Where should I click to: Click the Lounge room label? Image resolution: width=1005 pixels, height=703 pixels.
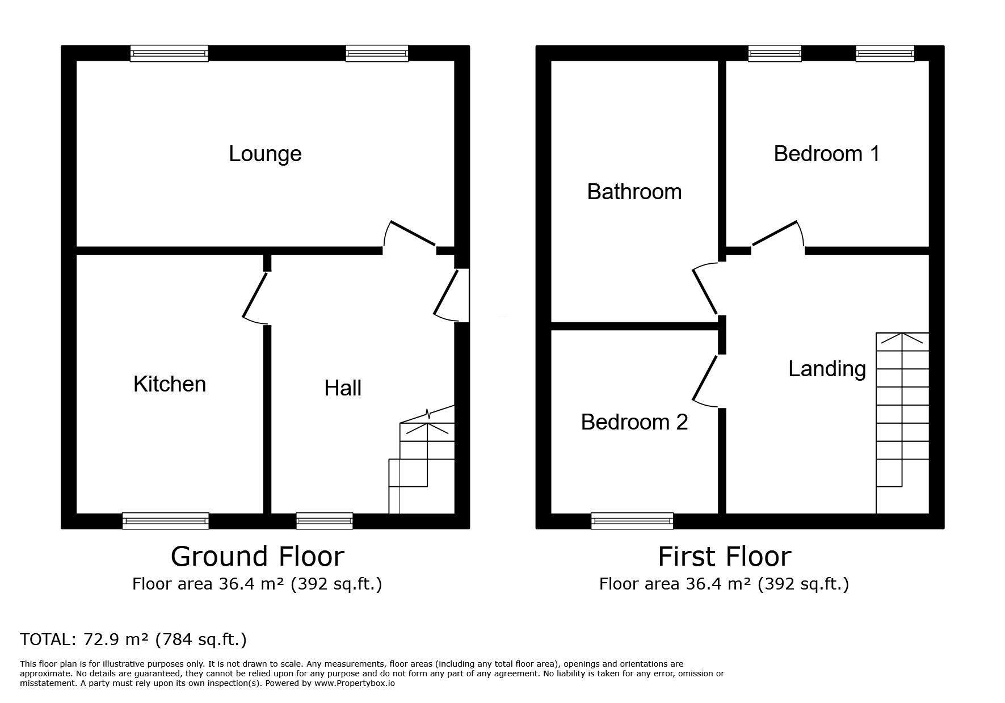click(265, 154)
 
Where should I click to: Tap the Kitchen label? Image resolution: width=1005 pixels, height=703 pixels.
click(170, 384)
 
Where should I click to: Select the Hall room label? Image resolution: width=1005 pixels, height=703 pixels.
click(343, 388)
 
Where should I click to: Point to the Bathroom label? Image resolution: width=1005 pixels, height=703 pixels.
click(634, 192)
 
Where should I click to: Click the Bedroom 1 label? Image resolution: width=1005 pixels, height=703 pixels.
click(827, 154)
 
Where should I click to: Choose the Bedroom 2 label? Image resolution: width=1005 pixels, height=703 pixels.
click(634, 422)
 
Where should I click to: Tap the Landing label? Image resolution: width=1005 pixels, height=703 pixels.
click(827, 369)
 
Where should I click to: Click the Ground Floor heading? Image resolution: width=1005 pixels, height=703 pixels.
click(257, 557)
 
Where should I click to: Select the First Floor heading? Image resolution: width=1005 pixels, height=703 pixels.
click(724, 557)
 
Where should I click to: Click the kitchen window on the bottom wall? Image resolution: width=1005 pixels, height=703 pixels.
click(166, 521)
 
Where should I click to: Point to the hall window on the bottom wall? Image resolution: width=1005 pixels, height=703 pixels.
click(325, 521)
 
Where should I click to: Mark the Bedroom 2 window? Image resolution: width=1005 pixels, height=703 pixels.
click(632, 521)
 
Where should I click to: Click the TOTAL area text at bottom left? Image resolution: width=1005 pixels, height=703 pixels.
click(133, 640)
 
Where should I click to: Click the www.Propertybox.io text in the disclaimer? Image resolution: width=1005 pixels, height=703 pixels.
click(355, 684)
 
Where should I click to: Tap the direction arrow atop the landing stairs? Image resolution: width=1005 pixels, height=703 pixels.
click(902, 339)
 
